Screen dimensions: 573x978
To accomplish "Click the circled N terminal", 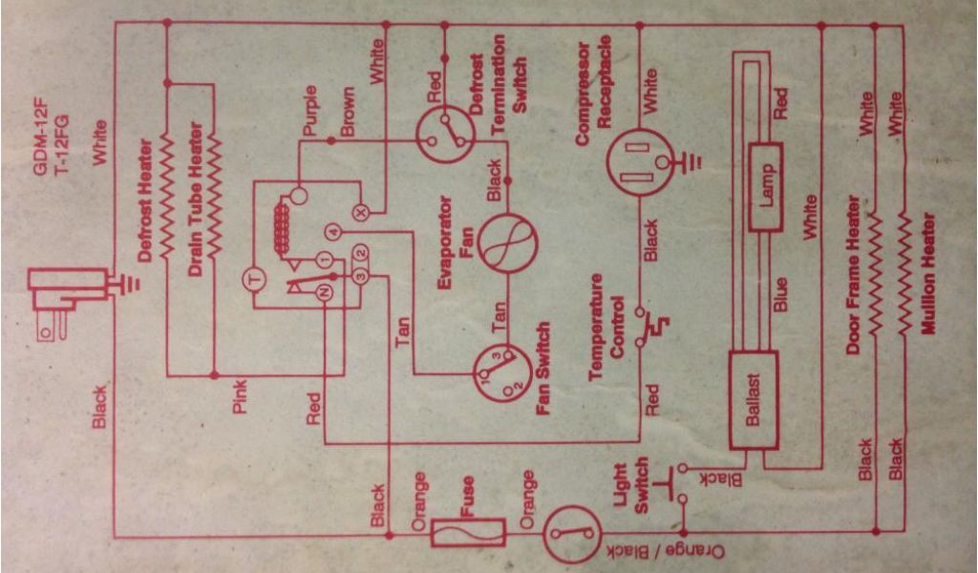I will pyautogui.click(x=324, y=294).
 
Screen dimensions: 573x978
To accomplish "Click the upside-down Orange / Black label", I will pyautogui.click(x=668, y=553).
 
